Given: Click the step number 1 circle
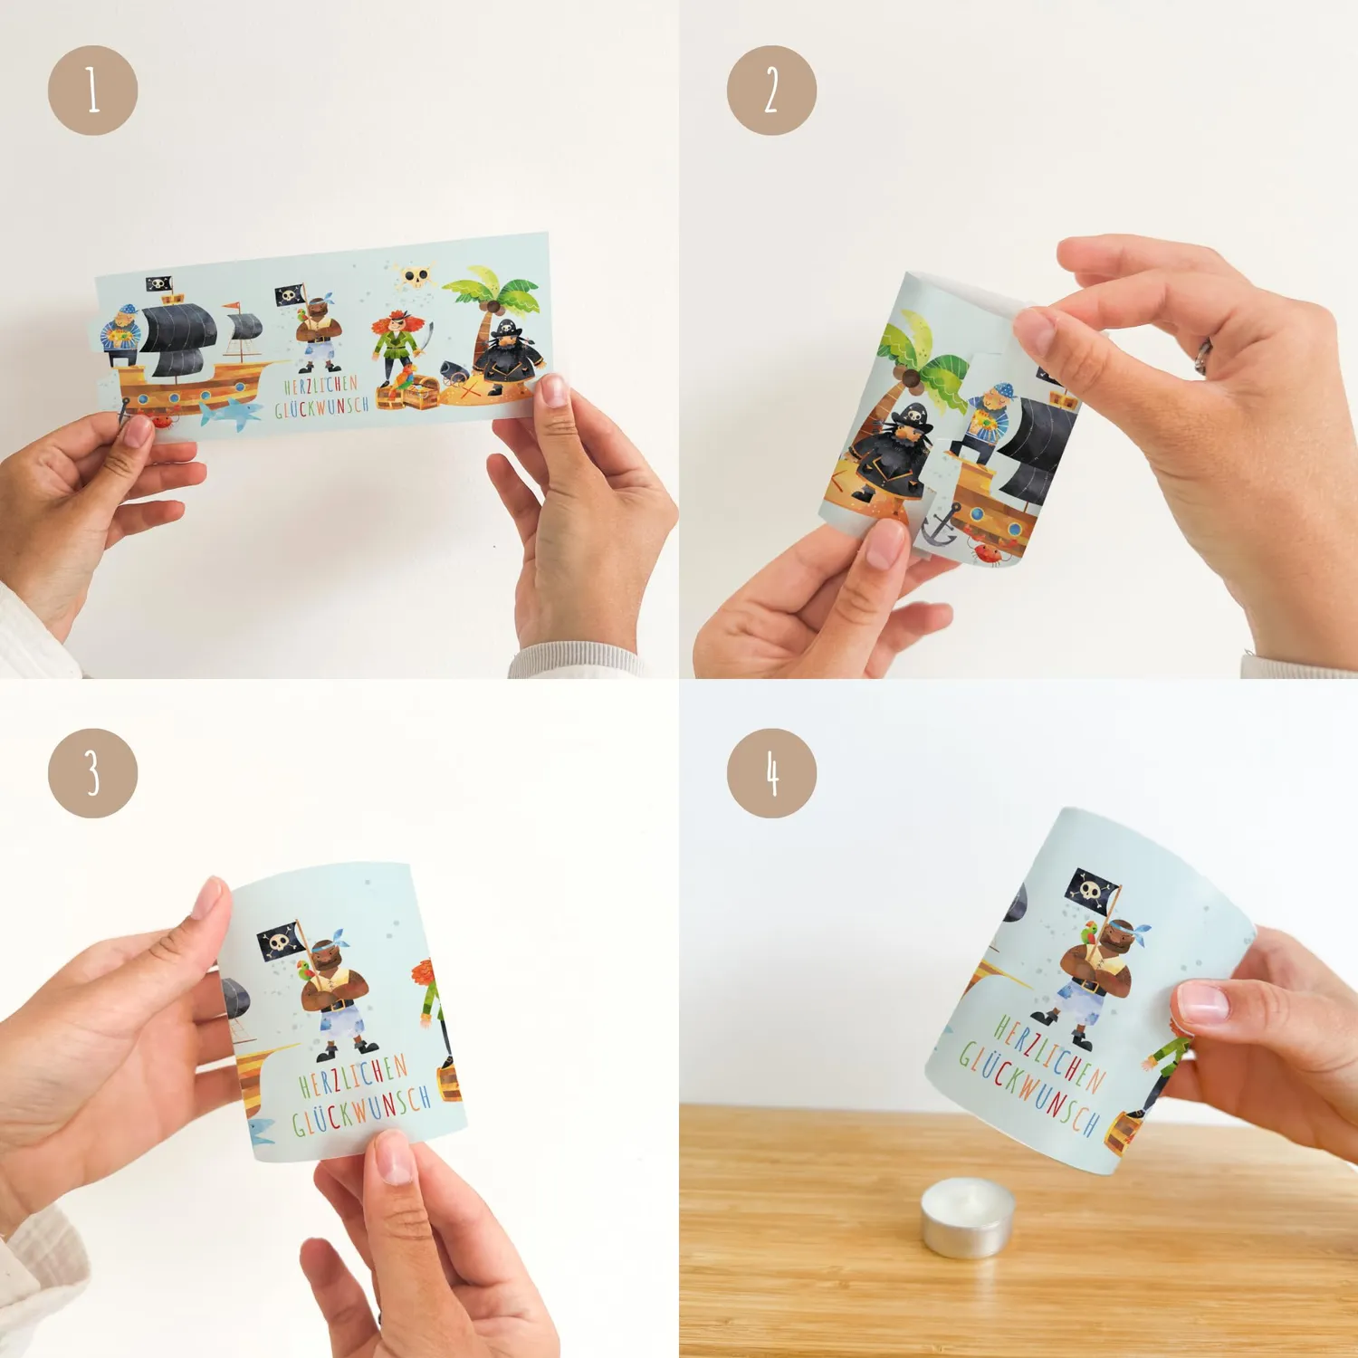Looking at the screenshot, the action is click(x=92, y=91).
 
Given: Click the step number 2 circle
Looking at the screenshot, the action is click(x=771, y=91).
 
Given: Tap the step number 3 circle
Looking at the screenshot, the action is click(x=92, y=773).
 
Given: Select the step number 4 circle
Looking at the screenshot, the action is click(x=771, y=773).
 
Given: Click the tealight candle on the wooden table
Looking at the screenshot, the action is click(x=967, y=1217).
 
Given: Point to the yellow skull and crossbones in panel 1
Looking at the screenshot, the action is click(x=416, y=274).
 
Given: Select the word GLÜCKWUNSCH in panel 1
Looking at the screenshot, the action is click(x=322, y=406).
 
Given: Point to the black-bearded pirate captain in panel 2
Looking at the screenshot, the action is click(x=892, y=453).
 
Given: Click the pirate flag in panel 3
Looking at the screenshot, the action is click(x=280, y=941).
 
